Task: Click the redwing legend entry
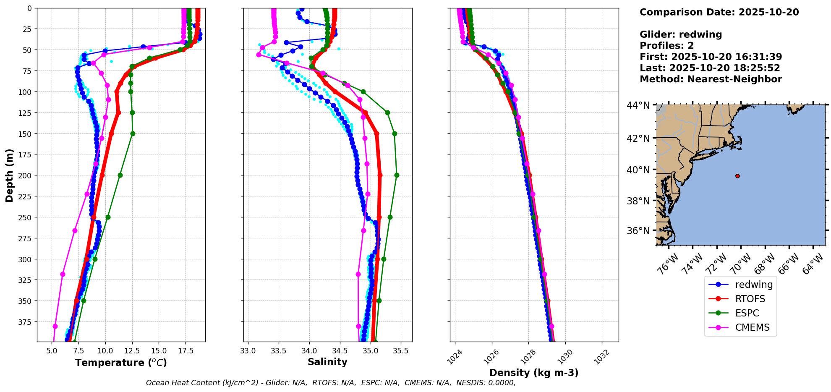(753, 285)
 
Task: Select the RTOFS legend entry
(750, 299)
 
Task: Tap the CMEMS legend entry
(752, 327)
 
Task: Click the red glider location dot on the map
(737, 176)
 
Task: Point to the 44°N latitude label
(638, 105)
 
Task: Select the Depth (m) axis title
(9, 175)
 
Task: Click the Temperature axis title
(121, 363)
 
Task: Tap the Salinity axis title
(327, 362)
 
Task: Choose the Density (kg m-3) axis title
(534, 373)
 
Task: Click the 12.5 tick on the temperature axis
(132, 351)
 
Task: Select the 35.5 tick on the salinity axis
(400, 351)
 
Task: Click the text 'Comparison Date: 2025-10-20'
(719, 12)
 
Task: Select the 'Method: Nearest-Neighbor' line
(711, 79)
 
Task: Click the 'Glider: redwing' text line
(681, 34)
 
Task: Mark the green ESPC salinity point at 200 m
(397, 175)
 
